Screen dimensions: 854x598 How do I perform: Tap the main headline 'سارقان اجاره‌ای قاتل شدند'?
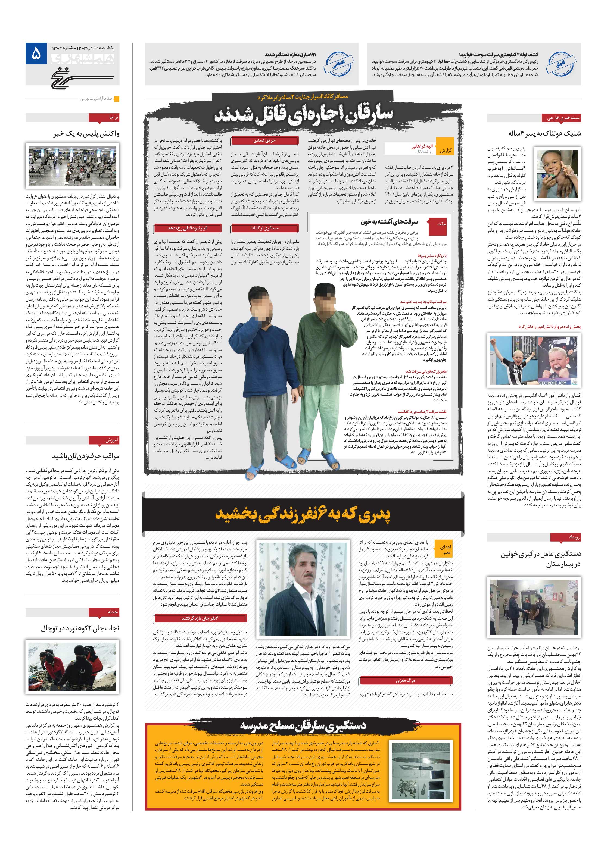point(303,114)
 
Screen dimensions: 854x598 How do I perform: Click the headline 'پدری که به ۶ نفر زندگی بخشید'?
point(303,515)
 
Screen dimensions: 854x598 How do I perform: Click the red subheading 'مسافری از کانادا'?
point(264,228)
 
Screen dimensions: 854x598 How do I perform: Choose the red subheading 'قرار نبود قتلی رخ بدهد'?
point(187,228)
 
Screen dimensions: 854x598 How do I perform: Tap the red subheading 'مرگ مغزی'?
point(405,681)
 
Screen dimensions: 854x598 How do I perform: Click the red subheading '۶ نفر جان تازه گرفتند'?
point(200,618)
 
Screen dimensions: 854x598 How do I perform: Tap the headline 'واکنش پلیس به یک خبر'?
point(86,133)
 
